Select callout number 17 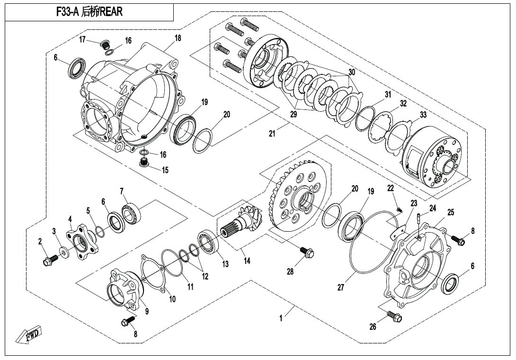(x=82, y=40)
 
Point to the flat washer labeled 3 (x=63, y=250)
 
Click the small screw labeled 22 (x=399, y=209)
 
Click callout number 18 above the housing (x=178, y=38)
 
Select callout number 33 (x=423, y=115)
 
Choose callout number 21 (x=272, y=134)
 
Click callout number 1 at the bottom (x=281, y=319)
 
